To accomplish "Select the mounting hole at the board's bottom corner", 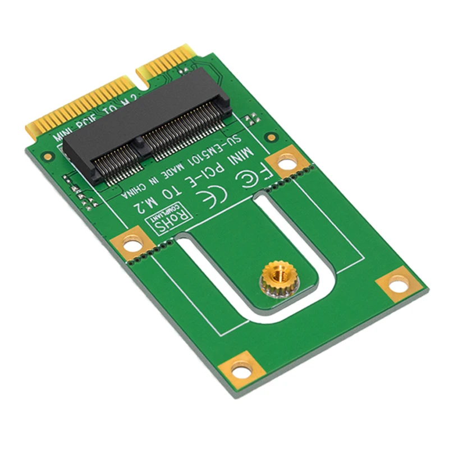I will pos(241,371).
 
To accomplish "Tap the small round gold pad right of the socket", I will pos(271,137).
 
